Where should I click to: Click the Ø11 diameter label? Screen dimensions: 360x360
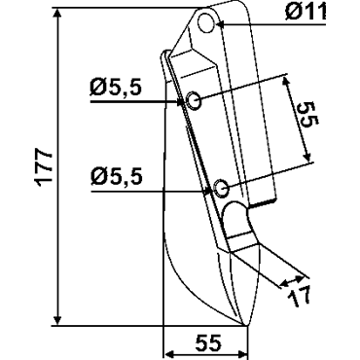coord(306,14)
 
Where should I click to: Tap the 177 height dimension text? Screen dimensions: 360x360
coord(44,167)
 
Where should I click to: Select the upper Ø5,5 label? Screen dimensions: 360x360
coord(116,89)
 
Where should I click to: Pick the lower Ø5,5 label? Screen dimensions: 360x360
coord(117,177)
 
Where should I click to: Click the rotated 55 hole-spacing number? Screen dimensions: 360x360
coord(308,113)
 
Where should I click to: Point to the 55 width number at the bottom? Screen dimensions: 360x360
coord(209,342)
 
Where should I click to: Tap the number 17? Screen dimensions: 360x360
coord(300,296)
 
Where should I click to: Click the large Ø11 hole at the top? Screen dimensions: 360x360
coord(206,22)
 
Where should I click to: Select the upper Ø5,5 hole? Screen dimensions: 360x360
coord(194,100)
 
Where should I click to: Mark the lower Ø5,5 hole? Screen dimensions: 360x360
coord(222,188)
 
